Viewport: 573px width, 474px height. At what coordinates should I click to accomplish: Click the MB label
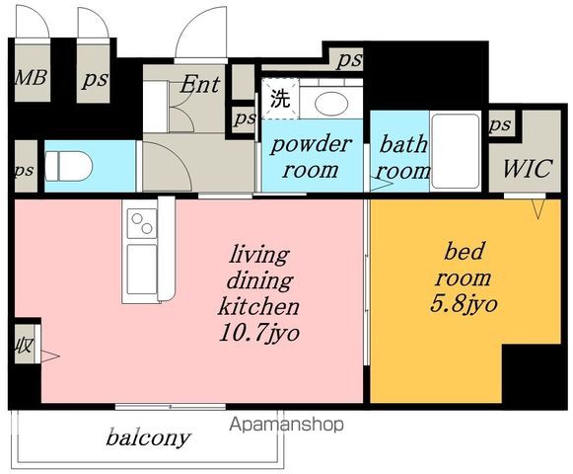point(31,78)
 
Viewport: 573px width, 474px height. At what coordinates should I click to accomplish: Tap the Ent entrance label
point(200,84)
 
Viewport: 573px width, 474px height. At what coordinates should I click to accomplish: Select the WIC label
point(527,169)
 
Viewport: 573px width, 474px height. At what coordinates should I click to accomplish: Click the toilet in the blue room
point(68,166)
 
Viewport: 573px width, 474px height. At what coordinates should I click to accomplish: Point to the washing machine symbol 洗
point(280,98)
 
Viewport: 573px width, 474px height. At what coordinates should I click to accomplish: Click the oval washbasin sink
point(331,103)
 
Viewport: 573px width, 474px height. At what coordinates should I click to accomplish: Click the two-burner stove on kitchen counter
point(142,223)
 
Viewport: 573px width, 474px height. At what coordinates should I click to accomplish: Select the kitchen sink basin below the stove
point(142,269)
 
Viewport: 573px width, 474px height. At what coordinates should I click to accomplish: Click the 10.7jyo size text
point(259,333)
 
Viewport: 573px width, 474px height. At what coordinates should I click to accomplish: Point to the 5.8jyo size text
point(464,304)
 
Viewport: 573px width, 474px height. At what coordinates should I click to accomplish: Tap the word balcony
point(148,437)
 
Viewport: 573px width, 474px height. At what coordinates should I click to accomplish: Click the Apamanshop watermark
point(286,425)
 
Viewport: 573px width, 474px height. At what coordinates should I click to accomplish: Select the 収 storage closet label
point(24,346)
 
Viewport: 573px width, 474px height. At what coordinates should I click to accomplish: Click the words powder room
point(311,157)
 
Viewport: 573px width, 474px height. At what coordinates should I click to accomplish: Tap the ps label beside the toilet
point(24,171)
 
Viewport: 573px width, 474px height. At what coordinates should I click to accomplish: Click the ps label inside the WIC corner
point(500,124)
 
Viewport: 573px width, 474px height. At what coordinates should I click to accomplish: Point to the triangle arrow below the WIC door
point(537,209)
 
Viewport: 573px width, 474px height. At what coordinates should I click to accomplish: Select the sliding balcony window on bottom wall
point(171,406)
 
